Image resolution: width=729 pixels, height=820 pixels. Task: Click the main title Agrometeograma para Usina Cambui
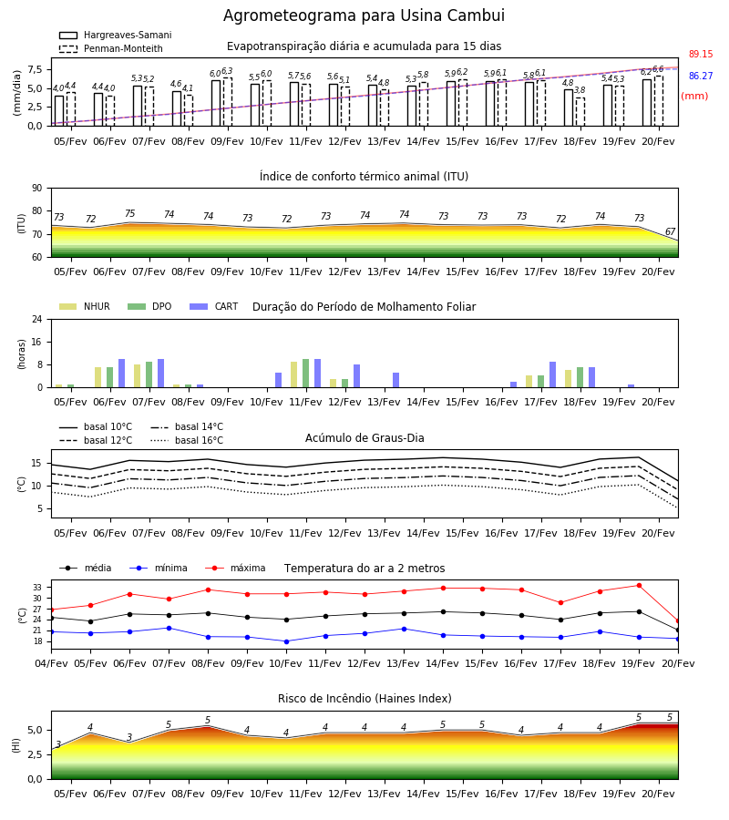(x=364, y=15)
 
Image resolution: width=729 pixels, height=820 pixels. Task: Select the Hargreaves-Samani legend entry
(x=115, y=35)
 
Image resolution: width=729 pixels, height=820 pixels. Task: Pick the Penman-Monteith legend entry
(x=111, y=48)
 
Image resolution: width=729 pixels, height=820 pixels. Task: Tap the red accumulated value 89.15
(x=701, y=54)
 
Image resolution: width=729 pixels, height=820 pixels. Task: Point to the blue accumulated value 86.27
(x=701, y=76)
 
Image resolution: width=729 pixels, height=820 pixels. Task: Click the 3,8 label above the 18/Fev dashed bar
(x=580, y=90)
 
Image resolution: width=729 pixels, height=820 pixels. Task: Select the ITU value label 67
(x=670, y=231)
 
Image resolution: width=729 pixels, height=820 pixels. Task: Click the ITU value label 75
(x=129, y=213)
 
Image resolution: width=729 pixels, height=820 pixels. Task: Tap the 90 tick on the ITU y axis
(x=37, y=189)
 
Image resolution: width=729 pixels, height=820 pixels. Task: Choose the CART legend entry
(x=214, y=306)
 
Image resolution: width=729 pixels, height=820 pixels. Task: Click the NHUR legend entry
(x=85, y=306)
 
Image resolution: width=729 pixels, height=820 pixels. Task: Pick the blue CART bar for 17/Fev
(x=552, y=374)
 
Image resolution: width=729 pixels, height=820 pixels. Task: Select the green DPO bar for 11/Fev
(x=305, y=374)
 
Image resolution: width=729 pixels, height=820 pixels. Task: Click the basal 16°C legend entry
(x=187, y=440)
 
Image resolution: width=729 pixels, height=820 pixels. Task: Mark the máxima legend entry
(x=235, y=568)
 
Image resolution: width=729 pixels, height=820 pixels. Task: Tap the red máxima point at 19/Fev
(x=639, y=586)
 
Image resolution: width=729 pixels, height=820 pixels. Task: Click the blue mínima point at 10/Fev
(x=286, y=641)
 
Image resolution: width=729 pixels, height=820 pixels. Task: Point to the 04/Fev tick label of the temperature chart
(x=51, y=663)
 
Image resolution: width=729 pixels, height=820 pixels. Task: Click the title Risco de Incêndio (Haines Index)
(x=364, y=699)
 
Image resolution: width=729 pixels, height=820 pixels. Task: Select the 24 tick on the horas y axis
(x=37, y=319)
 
